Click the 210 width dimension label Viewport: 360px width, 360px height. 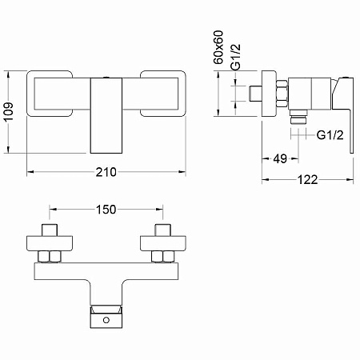click(106, 172)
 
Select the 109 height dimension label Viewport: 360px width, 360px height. click(9, 111)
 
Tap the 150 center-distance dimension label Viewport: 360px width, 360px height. click(106, 210)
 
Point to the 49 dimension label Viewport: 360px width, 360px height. click(280, 159)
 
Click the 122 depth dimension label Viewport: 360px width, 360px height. click(307, 180)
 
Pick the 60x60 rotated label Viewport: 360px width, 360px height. click(218, 47)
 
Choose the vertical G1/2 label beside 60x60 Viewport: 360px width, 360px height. click(236, 57)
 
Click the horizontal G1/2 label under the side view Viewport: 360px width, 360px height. click(330, 135)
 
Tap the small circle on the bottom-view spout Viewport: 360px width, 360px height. click(106, 320)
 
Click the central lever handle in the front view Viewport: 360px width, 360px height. click(106, 115)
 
